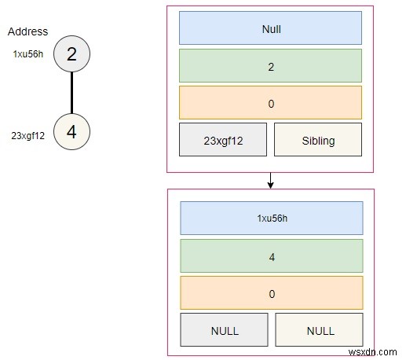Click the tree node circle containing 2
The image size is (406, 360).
(71, 54)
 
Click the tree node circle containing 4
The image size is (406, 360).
(71, 132)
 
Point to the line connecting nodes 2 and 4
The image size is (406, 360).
(71, 93)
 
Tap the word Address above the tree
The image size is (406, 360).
(27, 32)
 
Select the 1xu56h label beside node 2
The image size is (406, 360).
(28, 54)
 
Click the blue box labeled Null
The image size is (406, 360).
(270, 28)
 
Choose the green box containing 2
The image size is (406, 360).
(270, 66)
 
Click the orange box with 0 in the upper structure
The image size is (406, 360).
(270, 103)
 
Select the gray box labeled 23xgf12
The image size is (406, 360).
(223, 140)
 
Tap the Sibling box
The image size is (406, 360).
(318, 140)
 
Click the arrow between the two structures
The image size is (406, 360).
(270, 180)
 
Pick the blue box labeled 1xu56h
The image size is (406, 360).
(272, 218)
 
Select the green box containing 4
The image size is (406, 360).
(272, 255)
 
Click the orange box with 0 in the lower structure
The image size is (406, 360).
(272, 292)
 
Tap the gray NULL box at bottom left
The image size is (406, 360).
(225, 330)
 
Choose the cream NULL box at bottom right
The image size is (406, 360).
(319, 330)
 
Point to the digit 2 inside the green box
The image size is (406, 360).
(270, 66)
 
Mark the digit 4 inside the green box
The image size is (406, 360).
(272, 255)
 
